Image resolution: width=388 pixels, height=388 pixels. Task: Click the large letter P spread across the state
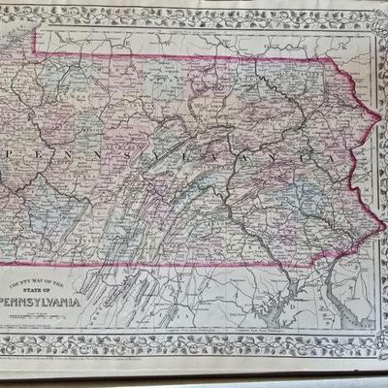pyautogui.click(x=13, y=155)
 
